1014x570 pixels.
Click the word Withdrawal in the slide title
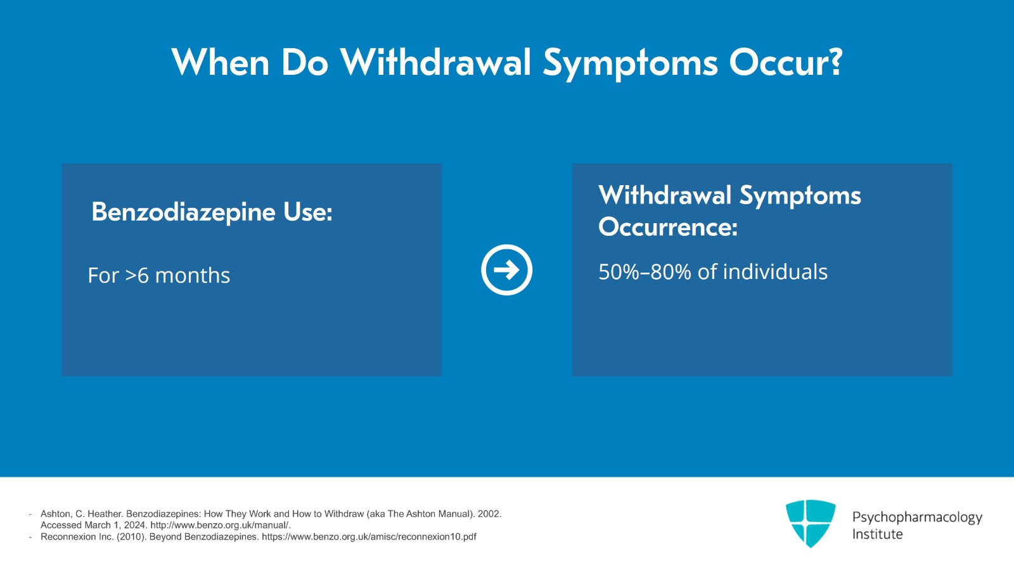(x=435, y=63)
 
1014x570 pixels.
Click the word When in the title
(x=221, y=63)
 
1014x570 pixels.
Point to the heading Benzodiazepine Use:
(x=212, y=212)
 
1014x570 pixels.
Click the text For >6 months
(x=159, y=276)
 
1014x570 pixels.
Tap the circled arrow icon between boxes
(x=506, y=270)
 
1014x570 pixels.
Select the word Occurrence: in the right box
(x=668, y=227)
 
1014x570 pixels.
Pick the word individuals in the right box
(x=775, y=272)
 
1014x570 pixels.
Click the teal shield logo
(x=810, y=523)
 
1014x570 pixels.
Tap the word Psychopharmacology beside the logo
(x=917, y=517)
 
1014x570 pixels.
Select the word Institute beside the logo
(x=877, y=534)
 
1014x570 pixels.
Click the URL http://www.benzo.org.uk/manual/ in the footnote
(x=220, y=525)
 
